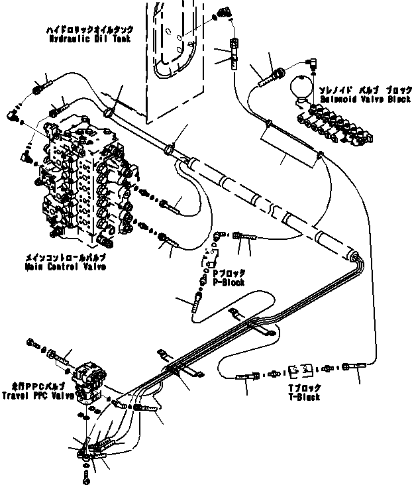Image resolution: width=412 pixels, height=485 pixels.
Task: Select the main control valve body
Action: (83, 179)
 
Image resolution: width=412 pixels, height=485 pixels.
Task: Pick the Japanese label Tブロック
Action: (305, 388)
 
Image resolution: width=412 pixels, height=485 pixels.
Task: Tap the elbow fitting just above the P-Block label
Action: (219, 237)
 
